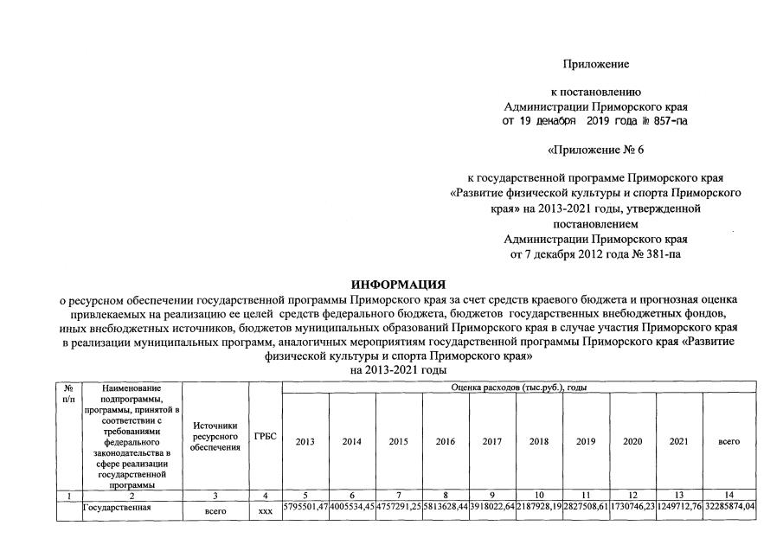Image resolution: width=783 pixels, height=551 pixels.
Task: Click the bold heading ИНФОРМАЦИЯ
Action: pos(398,284)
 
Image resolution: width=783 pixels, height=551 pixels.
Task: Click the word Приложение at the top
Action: pos(595,65)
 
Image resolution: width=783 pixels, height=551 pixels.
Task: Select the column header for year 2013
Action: pos(305,441)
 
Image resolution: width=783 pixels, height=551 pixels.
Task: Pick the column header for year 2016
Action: pos(446,441)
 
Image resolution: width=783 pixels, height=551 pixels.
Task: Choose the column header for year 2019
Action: pos(586,441)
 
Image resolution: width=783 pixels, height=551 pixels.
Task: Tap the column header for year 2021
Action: pos(679,441)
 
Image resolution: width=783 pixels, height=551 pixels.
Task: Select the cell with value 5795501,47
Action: pos(305,506)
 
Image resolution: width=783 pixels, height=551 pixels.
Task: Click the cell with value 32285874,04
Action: pos(729,506)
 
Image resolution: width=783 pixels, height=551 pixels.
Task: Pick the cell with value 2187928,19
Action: pos(539,506)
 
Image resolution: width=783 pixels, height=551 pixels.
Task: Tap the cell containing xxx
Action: pos(266,511)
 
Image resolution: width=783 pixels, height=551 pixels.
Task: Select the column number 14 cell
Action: pos(728,495)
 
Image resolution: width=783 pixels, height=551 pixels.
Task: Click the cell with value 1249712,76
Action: pos(679,506)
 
